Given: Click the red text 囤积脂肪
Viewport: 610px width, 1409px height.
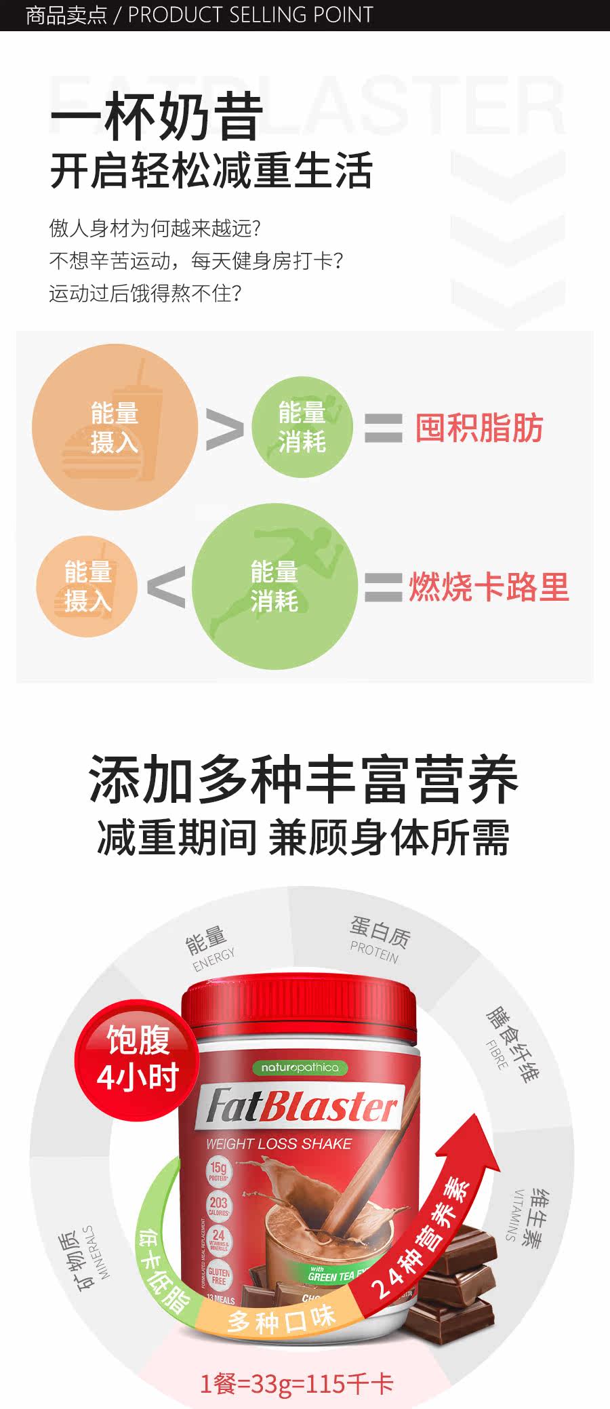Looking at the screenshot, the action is click(x=479, y=429).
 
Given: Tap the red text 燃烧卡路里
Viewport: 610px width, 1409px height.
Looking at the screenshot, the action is click(x=488, y=587).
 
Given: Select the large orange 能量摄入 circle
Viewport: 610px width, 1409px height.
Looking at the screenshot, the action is click(x=115, y=427).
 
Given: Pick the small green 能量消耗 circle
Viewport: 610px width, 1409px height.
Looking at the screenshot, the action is click(x=302, y=427).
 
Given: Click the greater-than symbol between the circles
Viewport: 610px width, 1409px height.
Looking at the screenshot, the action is click(x=224, y=429).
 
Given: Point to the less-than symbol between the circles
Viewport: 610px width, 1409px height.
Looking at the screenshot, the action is click(x=166, y=587).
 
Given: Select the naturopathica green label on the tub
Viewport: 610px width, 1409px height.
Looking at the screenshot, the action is click(x=300, y=1067).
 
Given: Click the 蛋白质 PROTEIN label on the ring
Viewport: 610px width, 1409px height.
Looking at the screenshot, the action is click(x=378, y=940).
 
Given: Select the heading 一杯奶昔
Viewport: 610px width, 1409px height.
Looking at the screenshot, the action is click(x=157, y=117).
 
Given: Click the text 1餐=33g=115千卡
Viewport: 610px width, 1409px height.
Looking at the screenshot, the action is click(x=296, y=1383).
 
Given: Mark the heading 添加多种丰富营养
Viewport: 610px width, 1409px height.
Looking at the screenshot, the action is click(x=304, y=779).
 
